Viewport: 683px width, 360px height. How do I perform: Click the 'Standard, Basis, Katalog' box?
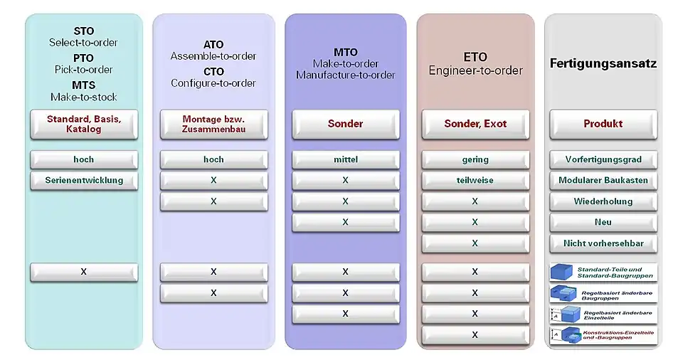tap(84, 124)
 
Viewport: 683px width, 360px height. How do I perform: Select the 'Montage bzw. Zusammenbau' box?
tap(213, 124)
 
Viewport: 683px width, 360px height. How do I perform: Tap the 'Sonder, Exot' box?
tap(475, 124)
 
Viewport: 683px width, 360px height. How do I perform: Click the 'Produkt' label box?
tap(603, 124)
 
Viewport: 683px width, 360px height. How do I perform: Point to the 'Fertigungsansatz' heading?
tap(603, 63)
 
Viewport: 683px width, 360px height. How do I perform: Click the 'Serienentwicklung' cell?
tap(84, 180)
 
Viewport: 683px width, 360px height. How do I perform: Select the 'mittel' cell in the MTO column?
tap(345, 159)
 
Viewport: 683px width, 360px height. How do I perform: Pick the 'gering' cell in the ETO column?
tap(475, 159)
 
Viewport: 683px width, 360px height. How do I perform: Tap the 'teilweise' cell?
tap(475, 180)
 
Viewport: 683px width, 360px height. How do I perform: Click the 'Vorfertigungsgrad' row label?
tap(603, 159)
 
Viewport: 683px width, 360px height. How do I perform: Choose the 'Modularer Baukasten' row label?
tap(603, 180)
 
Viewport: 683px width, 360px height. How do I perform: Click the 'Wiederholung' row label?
tap(603, 201)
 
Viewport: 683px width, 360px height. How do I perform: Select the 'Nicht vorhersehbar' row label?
tap(603, 243)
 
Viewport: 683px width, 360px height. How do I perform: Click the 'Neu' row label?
tap(603, 222)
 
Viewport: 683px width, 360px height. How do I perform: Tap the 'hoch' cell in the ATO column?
tap(213, 159)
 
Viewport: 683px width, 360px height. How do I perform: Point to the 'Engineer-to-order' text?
tap(475, 70)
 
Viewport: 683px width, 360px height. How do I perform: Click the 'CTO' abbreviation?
tap(213, 71)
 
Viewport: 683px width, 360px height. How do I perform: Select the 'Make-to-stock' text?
tap(84, 97)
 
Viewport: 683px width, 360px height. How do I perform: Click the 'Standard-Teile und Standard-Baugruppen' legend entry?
tap(603, 272)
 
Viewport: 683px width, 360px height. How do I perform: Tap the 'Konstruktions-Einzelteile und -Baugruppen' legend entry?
tap(603, 334)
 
